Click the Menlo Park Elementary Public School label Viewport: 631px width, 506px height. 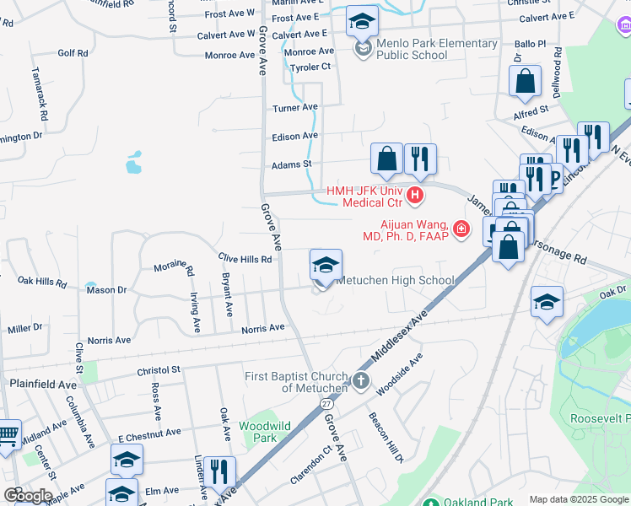point(436,50)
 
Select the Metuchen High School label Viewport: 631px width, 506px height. point(396,281)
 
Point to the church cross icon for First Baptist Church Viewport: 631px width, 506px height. point(360,381)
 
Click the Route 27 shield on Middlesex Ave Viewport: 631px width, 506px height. point(326,403)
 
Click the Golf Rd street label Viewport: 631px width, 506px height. point(73,53)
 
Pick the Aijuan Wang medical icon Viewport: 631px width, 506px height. point(461,229)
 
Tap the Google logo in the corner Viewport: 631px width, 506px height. point(27,495)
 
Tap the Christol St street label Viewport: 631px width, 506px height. point(159,369)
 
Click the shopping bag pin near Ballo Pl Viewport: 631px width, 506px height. point(525,83)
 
